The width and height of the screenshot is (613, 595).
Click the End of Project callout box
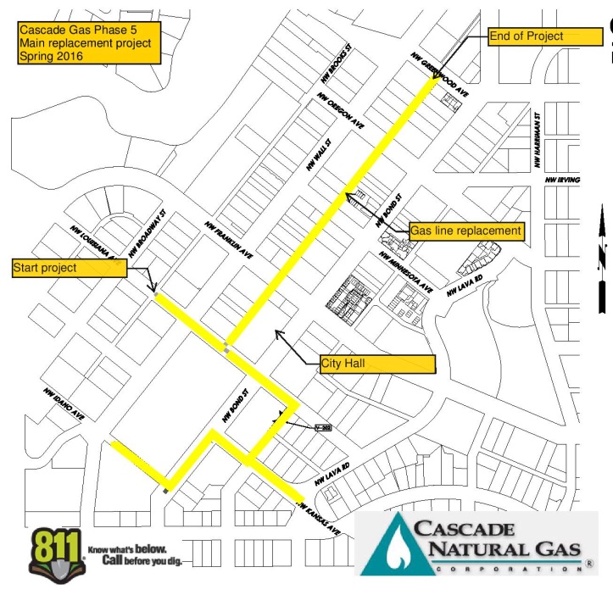538,36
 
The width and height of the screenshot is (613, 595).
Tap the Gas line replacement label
465,231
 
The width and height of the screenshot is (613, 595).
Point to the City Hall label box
377,364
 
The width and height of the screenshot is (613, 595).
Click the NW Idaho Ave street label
64,403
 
